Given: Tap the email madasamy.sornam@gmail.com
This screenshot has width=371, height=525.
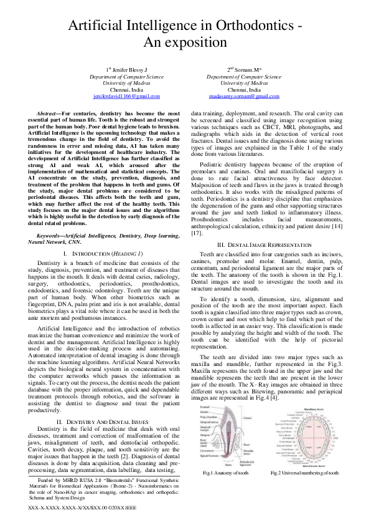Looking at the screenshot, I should click(244, 97).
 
